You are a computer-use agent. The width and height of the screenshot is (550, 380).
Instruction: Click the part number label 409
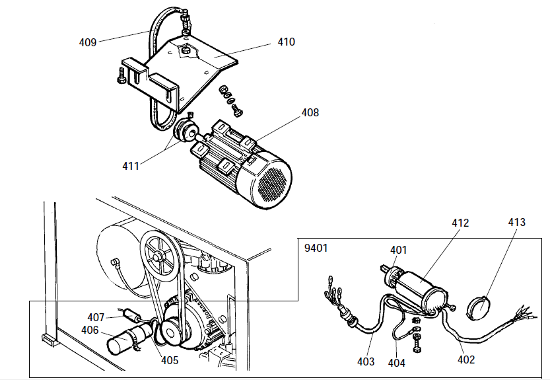[88, 42]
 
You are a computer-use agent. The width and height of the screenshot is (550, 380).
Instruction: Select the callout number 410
[286, 42]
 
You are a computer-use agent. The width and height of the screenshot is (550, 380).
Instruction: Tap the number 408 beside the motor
[310, 113]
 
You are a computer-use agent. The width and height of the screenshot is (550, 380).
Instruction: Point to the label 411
[131, 166]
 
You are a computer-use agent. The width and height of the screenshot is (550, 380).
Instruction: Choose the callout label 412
[460, 223]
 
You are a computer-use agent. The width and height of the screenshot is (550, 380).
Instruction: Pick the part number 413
[517, 222]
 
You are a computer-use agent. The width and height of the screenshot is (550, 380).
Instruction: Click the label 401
[399, 250]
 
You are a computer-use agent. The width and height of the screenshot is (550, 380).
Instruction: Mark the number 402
[465, 360]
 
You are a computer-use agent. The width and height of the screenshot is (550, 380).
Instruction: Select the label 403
[366, 361]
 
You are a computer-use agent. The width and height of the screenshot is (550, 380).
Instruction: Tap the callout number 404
[397, 363]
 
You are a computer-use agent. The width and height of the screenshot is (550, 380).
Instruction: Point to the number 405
[170, 361]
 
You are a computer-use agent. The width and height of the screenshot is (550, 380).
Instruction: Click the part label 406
[90, 330]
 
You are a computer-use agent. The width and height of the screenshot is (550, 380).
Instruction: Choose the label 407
[96, 317]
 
